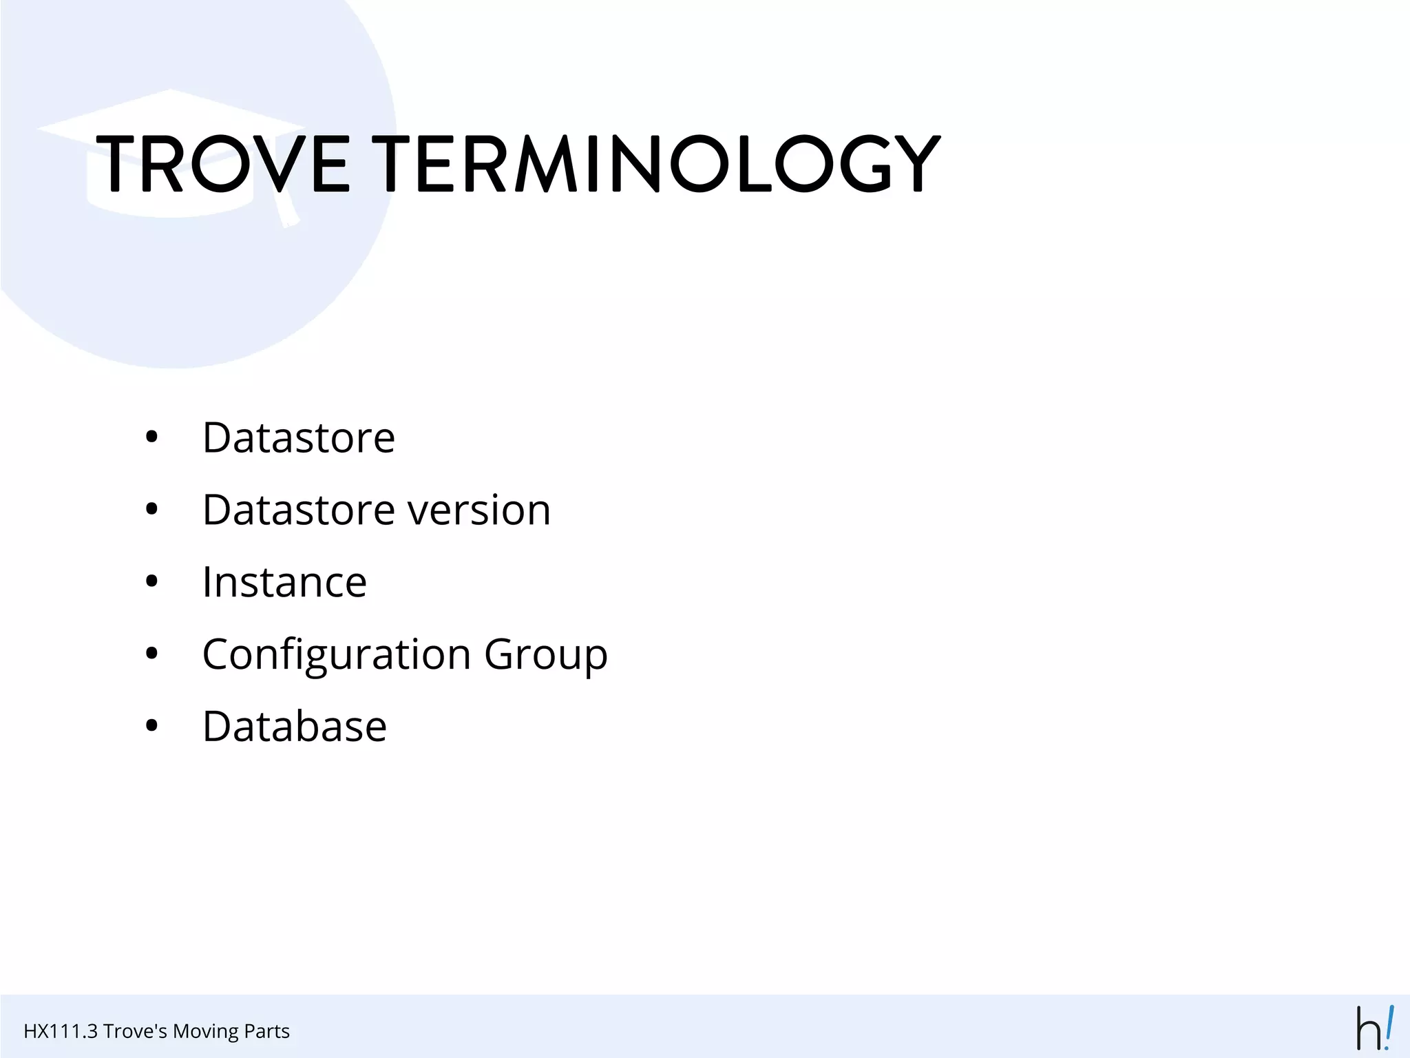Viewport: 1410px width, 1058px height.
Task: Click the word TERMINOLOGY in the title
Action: [660, 164]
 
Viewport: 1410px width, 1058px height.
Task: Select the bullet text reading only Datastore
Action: [299, 438]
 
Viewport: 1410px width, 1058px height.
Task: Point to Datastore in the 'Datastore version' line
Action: [299, 510]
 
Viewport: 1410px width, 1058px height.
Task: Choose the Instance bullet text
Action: [284, 583]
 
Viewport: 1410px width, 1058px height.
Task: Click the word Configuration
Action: [337, 654]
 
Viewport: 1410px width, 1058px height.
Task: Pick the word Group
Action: [546, 654]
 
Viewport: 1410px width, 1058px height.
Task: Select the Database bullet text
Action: [295, 727]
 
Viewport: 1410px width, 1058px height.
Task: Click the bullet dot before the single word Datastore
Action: [152, 438]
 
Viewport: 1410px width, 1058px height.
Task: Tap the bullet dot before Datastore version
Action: [152, 510]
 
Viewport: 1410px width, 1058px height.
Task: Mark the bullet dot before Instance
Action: [152, 583]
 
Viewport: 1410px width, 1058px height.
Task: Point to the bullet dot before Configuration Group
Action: [152, 654]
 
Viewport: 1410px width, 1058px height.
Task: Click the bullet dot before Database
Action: [152, 727]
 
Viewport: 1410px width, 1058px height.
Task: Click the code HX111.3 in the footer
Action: [60, 1031]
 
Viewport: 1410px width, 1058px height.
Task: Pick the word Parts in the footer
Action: [264, 1031]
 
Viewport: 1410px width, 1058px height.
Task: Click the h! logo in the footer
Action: [1375, 1028]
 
